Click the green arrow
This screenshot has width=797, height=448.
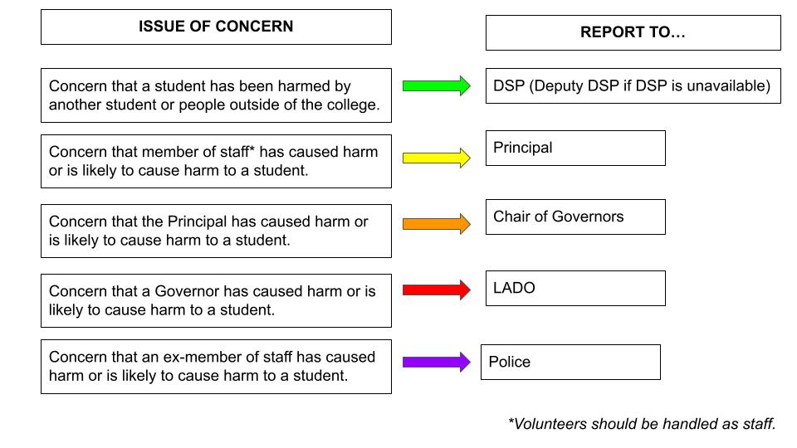(436, 85)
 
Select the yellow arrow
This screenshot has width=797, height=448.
(436, 158)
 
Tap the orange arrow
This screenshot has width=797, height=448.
(436, 223)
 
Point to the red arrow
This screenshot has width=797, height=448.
(436, 290)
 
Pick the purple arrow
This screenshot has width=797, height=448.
(436, 363)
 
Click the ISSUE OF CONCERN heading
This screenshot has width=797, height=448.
(216, 27)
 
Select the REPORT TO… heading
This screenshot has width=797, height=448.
(633, 32)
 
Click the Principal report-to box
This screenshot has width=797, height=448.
(575, 148)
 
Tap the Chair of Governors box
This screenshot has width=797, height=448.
(575, 217)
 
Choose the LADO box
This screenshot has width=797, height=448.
(575, 288)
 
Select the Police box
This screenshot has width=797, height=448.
(570, 363)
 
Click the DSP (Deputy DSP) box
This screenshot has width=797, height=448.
(633, 85)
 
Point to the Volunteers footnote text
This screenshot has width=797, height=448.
(642, 424)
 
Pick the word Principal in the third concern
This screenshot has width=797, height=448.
(198, 222)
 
